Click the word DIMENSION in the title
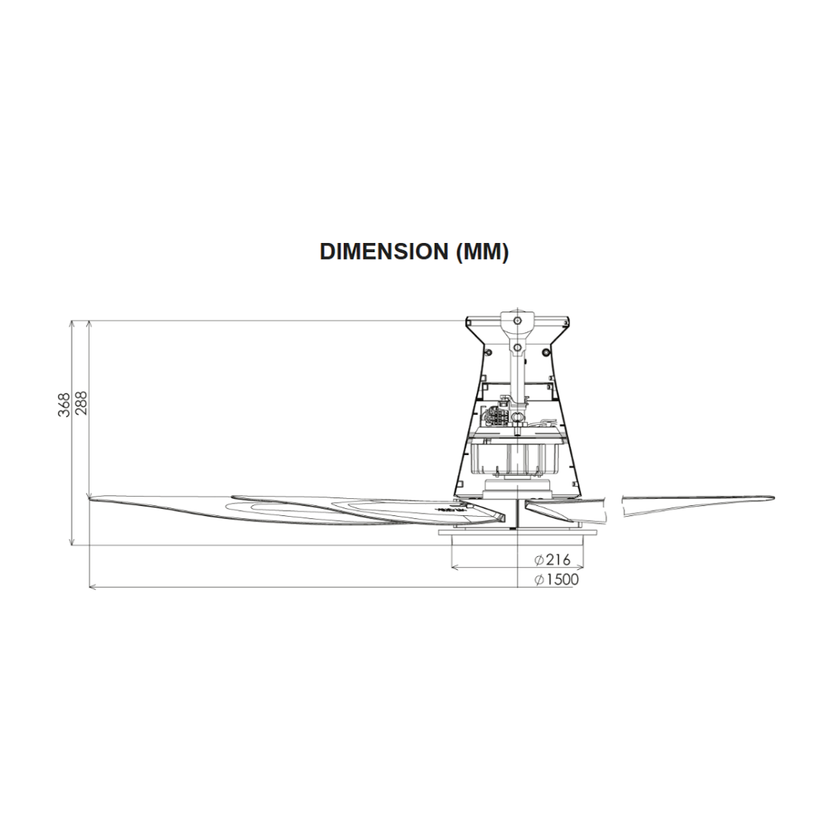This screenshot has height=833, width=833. pyautogui.click(x=383, y=251)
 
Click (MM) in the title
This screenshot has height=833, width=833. pyautogui.click(x=482, y=251)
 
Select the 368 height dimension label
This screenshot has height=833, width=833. pyautogui.click(x=64, y=405)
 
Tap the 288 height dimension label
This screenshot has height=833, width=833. pyautogui.click(x=81, y=403)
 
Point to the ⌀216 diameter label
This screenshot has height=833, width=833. pyautogui.click(x=552, y=559)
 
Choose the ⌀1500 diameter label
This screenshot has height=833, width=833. pyautogui.click(x=556, y=579)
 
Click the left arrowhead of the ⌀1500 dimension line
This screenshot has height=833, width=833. pyautogui.click(x=93, y=587)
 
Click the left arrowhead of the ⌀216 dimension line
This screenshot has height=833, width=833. pyautogui.click(x=454, y=568)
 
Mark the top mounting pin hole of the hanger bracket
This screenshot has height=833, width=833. pyautogui.click(x=517, y=320)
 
